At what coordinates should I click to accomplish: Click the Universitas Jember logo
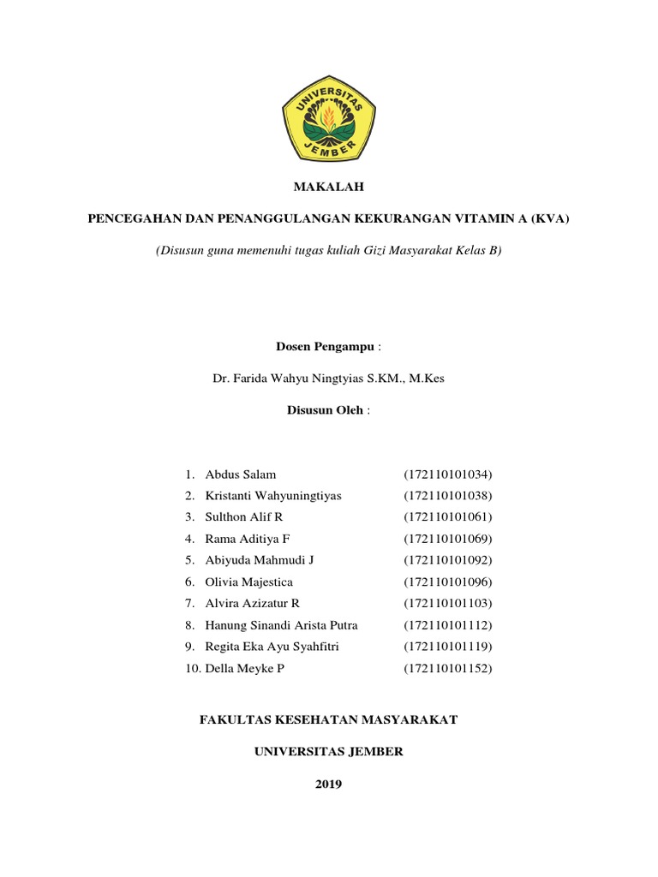click(329, 117)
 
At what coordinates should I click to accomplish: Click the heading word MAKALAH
click(329, 186)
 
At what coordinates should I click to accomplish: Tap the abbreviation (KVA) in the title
click(550, 218)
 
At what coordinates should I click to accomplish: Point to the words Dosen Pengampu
click(325, 346)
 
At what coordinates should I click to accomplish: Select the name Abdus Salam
click(241, 474)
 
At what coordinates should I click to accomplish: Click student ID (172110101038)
click(448, 496)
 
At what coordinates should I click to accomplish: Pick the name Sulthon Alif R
click(244, 517)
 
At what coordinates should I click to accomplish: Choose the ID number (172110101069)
click(448, 539)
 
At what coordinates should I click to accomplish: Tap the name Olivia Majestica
click(248, 582)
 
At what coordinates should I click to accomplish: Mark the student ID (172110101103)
click(448, 603)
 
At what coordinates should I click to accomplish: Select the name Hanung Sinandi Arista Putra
click(282, 624)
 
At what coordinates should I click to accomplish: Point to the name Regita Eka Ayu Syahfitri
click(272, 646)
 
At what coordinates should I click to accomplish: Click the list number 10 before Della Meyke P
click(192, 668)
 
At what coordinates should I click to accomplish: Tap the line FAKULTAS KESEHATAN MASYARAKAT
click(329, 720)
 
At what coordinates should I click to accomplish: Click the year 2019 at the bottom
click(329, 784)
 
